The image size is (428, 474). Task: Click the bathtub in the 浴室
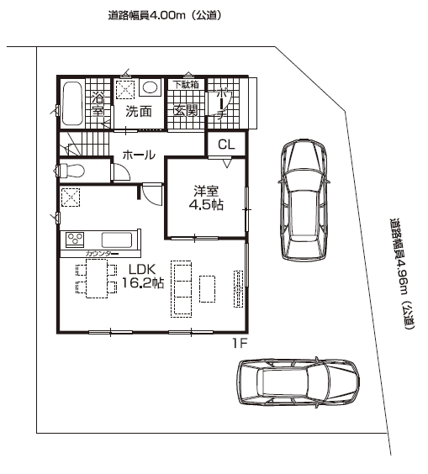[x=72, y=103]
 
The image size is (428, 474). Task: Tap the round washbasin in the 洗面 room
[x=150, y=87]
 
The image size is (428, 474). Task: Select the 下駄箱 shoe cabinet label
[x=186, y=84]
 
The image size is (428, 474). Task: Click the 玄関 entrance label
[x=186, y=111]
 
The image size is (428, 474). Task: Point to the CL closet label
[x=226, y=145]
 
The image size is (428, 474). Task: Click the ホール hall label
[x=139, y=155]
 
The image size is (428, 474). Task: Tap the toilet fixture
[x=70, y=171]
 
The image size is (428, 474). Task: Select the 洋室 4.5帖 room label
[x=206, y=198]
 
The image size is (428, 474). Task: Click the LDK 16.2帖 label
[x=142, y=276]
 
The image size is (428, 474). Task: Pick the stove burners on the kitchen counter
[x=75, y=240]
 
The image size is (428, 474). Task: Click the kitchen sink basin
[x=117, y=240]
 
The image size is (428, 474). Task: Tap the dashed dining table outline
[x=97, y=278]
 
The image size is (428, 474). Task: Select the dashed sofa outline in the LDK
[x=181, y=289]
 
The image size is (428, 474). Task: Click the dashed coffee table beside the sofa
[x=207, y=289]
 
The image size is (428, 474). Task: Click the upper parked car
[x=304, y=199]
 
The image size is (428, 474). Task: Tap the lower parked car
[x=298, y=382]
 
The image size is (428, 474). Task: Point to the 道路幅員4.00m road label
[x=164, y=15]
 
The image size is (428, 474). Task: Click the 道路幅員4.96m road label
[x=402, y=274]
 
